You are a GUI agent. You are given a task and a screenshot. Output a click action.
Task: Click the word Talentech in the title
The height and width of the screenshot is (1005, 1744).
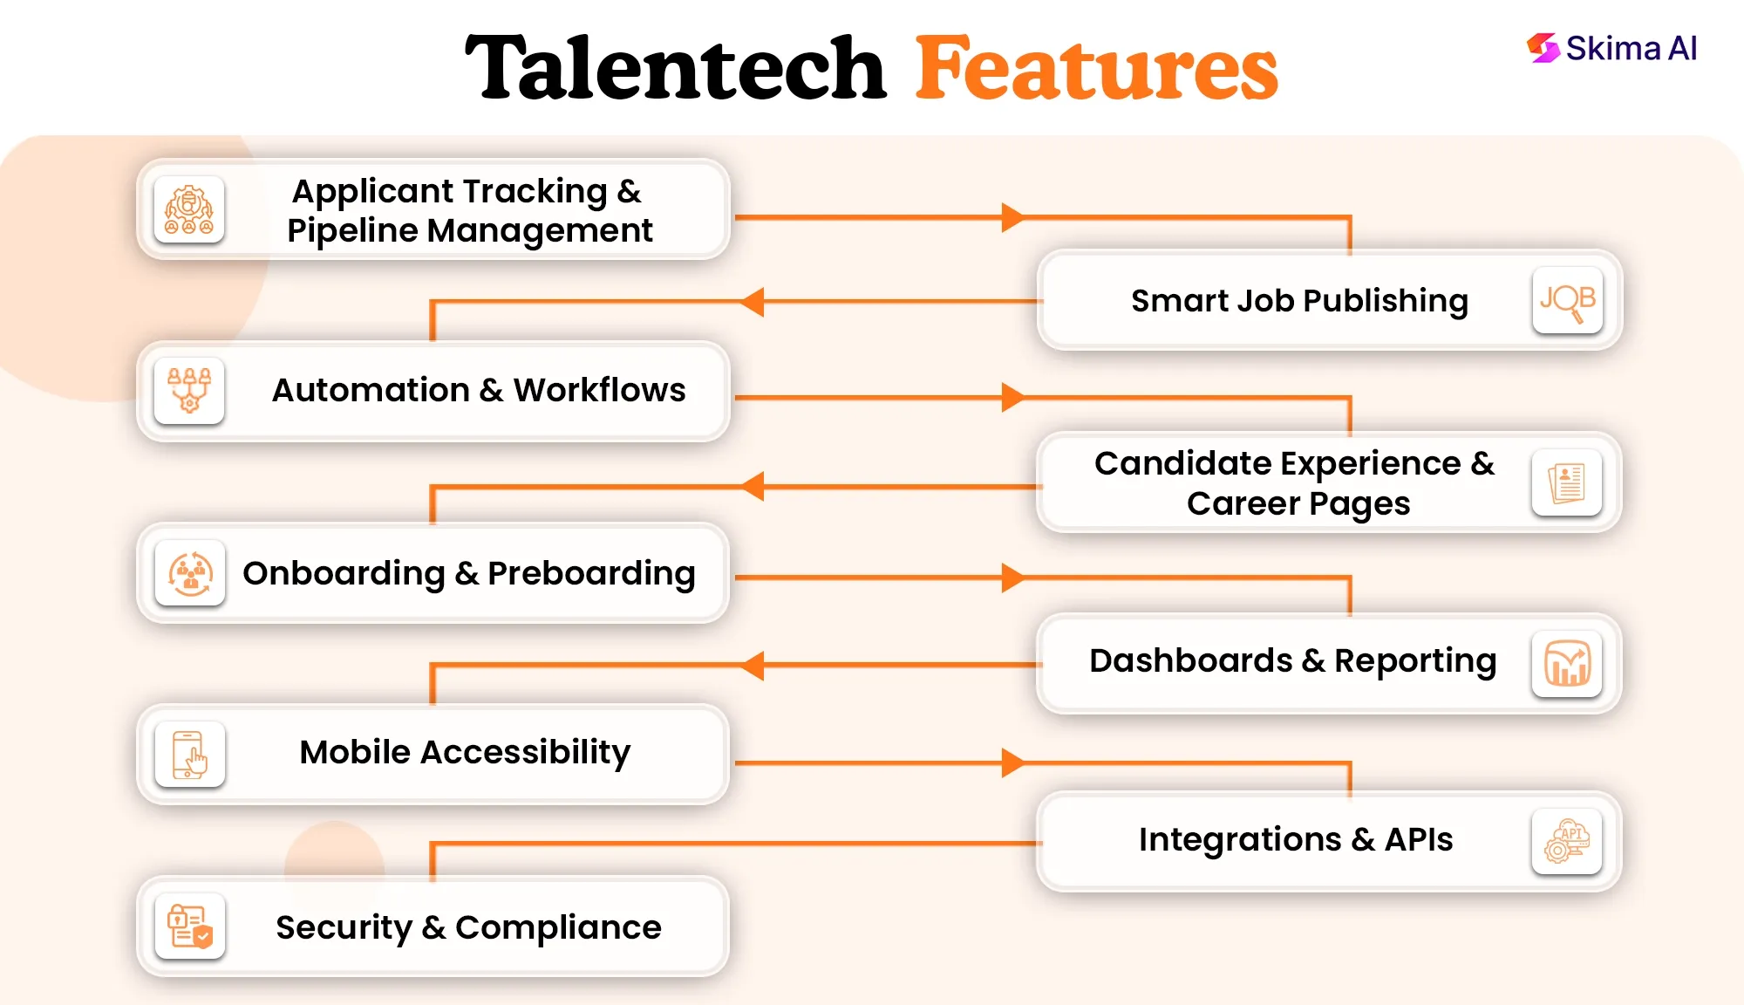675,68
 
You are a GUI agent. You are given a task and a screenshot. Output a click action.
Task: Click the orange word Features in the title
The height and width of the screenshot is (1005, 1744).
1096,68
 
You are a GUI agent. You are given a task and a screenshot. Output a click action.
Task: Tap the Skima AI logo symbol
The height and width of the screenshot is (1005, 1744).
1543,48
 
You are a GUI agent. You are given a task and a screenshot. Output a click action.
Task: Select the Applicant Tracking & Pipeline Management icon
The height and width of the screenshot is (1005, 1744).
189,210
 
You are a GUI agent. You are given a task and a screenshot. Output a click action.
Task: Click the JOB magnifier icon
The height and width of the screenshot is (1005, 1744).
1567,301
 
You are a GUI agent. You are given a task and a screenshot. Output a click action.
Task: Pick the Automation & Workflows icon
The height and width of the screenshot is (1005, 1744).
189,390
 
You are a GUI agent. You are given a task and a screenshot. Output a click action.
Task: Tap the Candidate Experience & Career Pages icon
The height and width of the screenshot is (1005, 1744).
1567,482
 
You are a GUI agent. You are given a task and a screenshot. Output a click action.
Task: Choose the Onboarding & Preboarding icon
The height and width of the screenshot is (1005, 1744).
190,573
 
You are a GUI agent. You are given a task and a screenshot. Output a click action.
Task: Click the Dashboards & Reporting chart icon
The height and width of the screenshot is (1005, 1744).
1567,664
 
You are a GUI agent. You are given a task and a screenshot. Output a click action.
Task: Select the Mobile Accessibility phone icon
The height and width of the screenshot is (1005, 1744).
189,755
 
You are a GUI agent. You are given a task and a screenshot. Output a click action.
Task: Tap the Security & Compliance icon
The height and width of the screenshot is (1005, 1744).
189,926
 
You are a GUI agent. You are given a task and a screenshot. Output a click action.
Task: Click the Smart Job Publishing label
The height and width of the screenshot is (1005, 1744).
1299,301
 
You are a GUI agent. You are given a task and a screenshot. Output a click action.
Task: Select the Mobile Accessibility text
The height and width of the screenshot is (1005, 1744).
465,752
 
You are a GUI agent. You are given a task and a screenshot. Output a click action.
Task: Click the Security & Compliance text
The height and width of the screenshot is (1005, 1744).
468,927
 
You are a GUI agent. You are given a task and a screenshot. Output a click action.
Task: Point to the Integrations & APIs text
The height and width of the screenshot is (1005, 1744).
1296,839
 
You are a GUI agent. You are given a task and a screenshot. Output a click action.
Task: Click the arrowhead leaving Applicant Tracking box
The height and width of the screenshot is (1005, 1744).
1012,217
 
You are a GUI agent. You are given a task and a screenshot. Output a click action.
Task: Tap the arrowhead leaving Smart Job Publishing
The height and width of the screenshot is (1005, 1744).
753,302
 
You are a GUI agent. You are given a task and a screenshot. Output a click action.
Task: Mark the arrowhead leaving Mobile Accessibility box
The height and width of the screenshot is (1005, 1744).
1012,762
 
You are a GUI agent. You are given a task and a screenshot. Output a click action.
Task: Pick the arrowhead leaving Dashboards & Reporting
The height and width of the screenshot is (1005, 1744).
753,665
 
